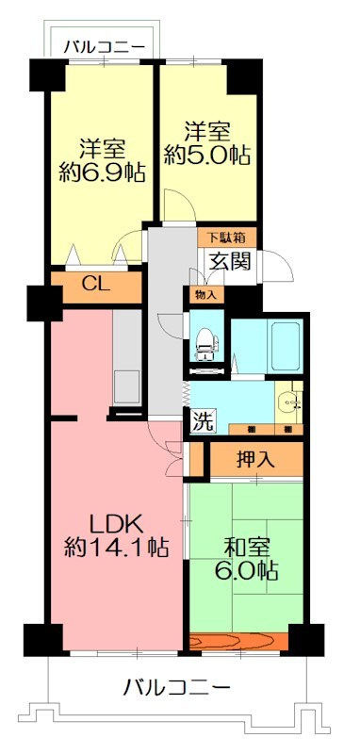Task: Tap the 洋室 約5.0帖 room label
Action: (207, 143)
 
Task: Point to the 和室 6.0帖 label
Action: (248, 558)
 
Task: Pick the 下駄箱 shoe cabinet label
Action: (224, 237)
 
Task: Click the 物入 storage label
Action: (205, 296)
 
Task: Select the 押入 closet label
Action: (255, 461)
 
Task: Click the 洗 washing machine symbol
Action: (203, 421)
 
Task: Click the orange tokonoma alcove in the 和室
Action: (238, 643)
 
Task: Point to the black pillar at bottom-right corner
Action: (303, 638)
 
